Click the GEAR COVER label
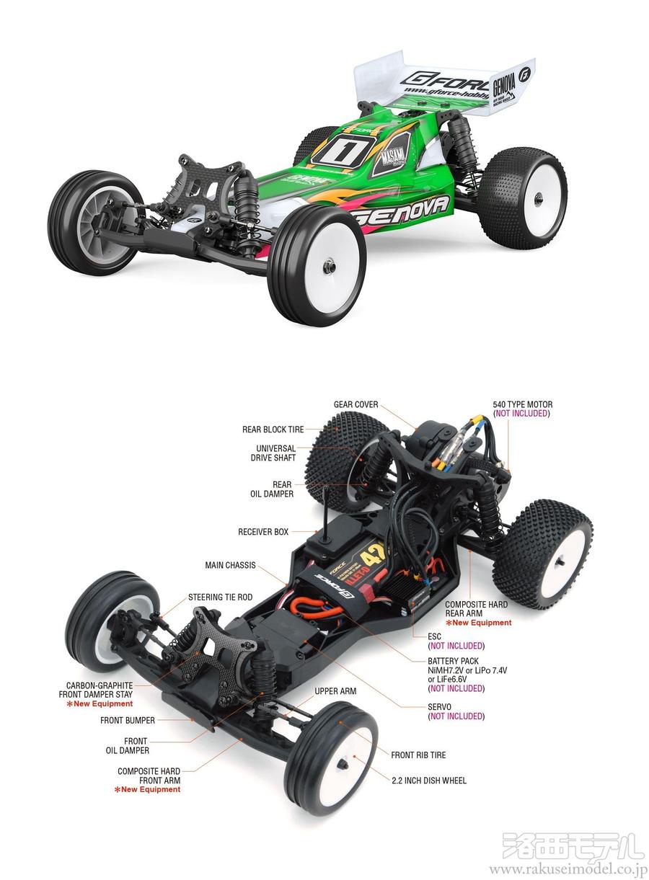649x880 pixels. (x=356, y=405)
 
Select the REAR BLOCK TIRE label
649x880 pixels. (x=273, y=430)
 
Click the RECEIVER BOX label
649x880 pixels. (x=263, y=532)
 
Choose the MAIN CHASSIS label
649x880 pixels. (x=230, y=565)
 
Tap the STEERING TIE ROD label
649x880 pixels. (x=220, y=597)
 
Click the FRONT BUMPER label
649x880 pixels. (x=128, y=719)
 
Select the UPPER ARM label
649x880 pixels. (x=335, y=691)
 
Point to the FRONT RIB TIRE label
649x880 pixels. (x=418, y=755)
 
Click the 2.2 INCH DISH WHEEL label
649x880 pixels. (x=429, y=780)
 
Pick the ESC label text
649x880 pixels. (x=434, y=636)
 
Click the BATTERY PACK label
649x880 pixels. (x=453, y=660)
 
